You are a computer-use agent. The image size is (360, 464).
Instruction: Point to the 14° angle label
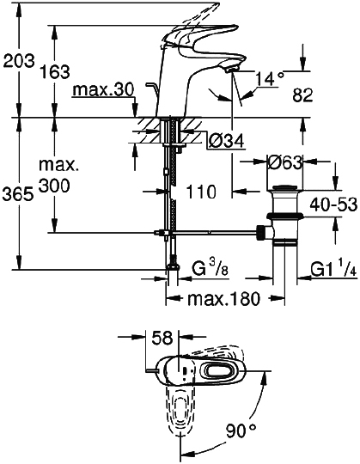(x=268, y=79)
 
